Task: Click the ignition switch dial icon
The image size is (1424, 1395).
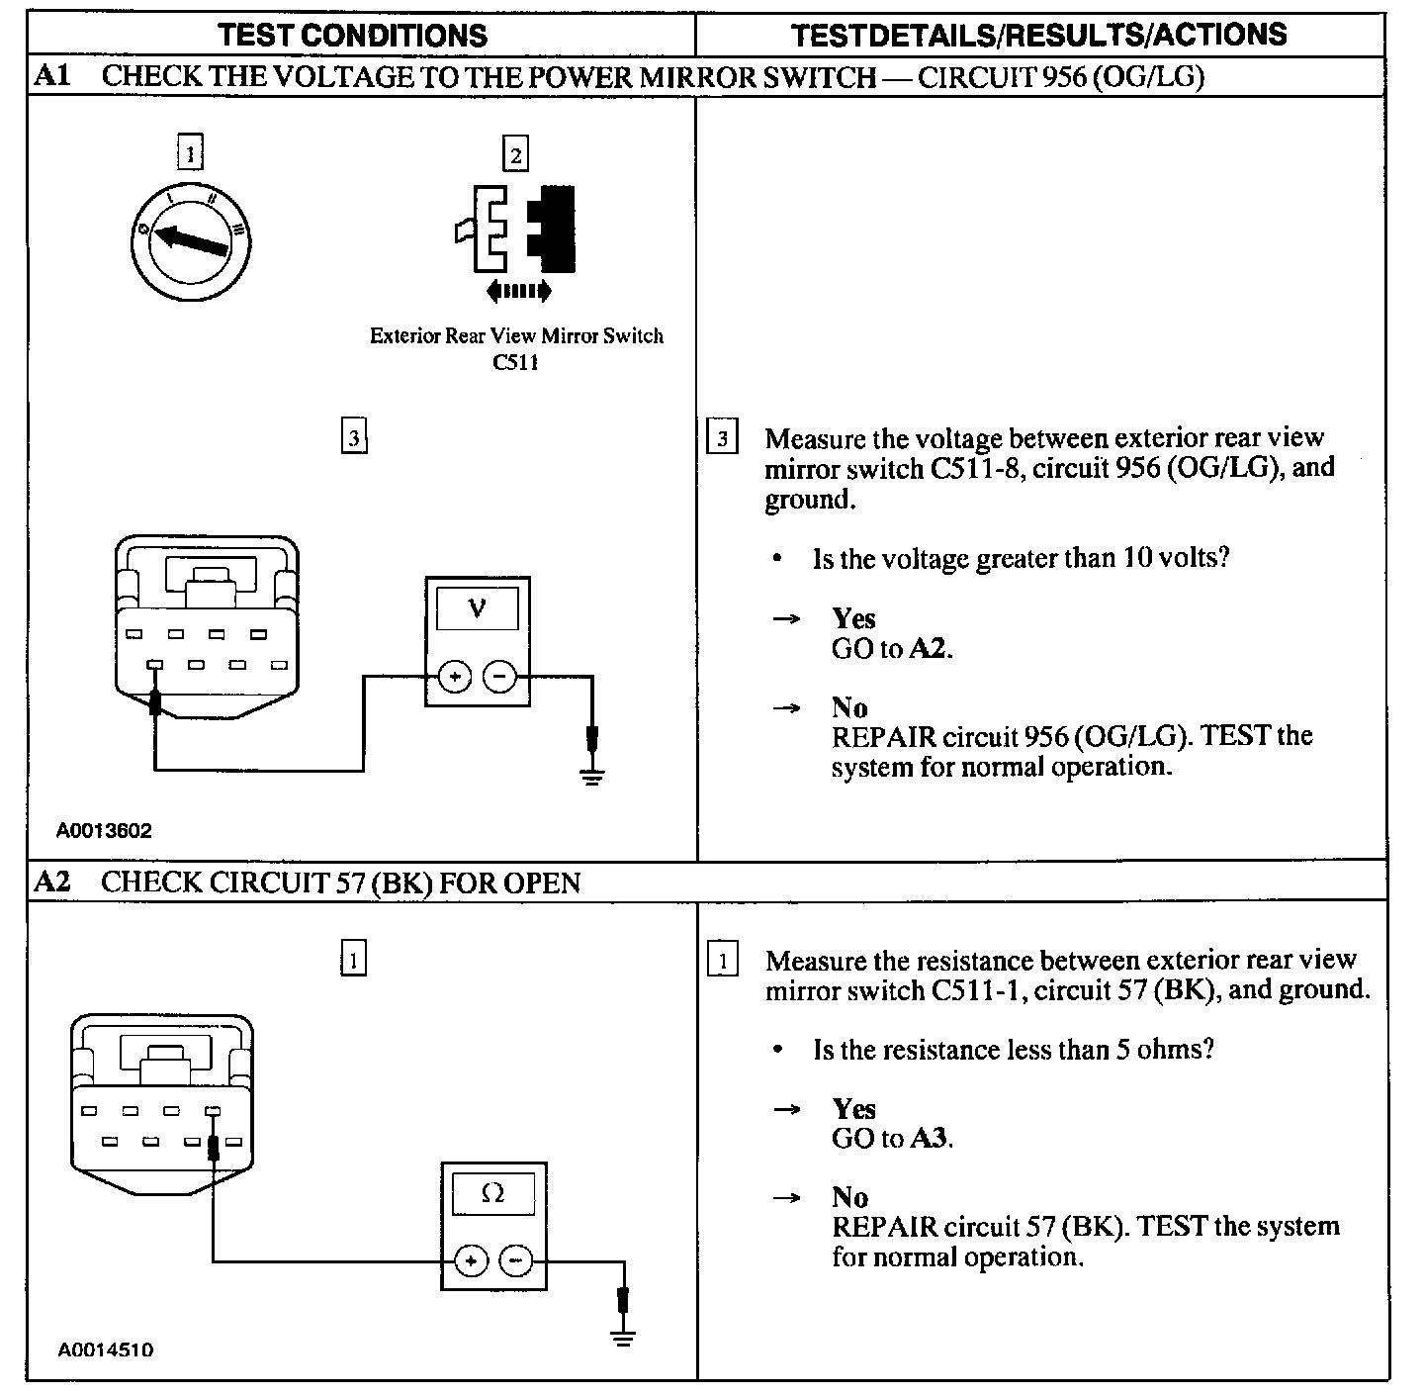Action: [190, 237]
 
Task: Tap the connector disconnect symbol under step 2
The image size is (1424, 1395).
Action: [516, 229]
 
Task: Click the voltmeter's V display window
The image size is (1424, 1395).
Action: [478, 607]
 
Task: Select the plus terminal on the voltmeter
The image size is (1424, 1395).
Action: [454, 678]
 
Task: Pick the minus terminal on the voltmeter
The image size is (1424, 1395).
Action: [499, 678]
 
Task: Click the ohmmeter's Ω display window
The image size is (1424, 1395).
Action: [492, 1194]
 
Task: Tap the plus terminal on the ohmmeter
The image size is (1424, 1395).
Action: [471, 1261]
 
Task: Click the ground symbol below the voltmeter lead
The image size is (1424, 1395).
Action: [592, 775]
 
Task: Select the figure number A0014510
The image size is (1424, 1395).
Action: [105, 1349]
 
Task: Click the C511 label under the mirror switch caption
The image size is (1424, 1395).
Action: [515, 362]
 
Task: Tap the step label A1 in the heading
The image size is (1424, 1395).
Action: [52, 76]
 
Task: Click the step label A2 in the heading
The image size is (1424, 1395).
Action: [52, 882]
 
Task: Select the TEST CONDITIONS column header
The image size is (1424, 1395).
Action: [353, 36]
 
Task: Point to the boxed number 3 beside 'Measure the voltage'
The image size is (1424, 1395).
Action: [723, 438]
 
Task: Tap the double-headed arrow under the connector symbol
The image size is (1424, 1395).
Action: [519, 291]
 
